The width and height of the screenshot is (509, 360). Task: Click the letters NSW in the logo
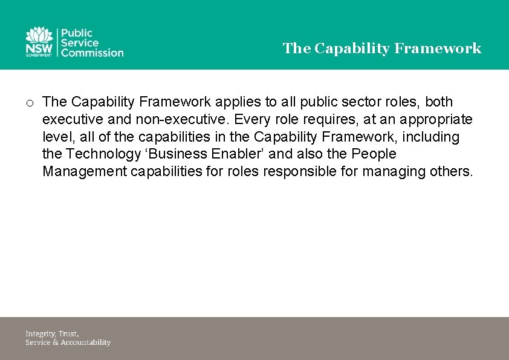pos(39,48)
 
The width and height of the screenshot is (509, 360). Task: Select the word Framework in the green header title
pos(438,48)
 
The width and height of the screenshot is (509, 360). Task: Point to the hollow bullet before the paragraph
pos(29,103)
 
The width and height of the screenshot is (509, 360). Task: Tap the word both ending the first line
pos(439,102)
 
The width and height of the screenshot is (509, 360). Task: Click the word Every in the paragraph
pos(253,119)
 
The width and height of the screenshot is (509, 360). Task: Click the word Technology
pos(103,154)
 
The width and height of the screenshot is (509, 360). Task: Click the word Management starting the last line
pos(84,172)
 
